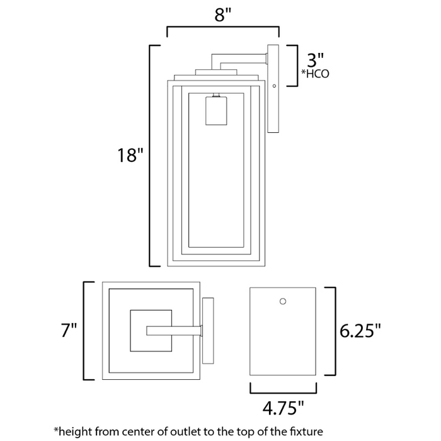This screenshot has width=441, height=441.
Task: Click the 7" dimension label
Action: point(66,331)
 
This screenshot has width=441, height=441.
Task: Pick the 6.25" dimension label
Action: point(360,331)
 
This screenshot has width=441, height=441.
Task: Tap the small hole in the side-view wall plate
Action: point(274,85)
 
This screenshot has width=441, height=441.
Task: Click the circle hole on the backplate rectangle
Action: point(283,301)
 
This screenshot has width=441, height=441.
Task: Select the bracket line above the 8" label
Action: point(222,27)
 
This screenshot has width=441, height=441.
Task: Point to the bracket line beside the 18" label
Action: point(150,155)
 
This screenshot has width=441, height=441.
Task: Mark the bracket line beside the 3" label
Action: point(296,65)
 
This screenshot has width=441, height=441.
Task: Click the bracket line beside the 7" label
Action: point(84,331)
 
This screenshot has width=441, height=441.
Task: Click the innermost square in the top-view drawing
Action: point(151,331)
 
